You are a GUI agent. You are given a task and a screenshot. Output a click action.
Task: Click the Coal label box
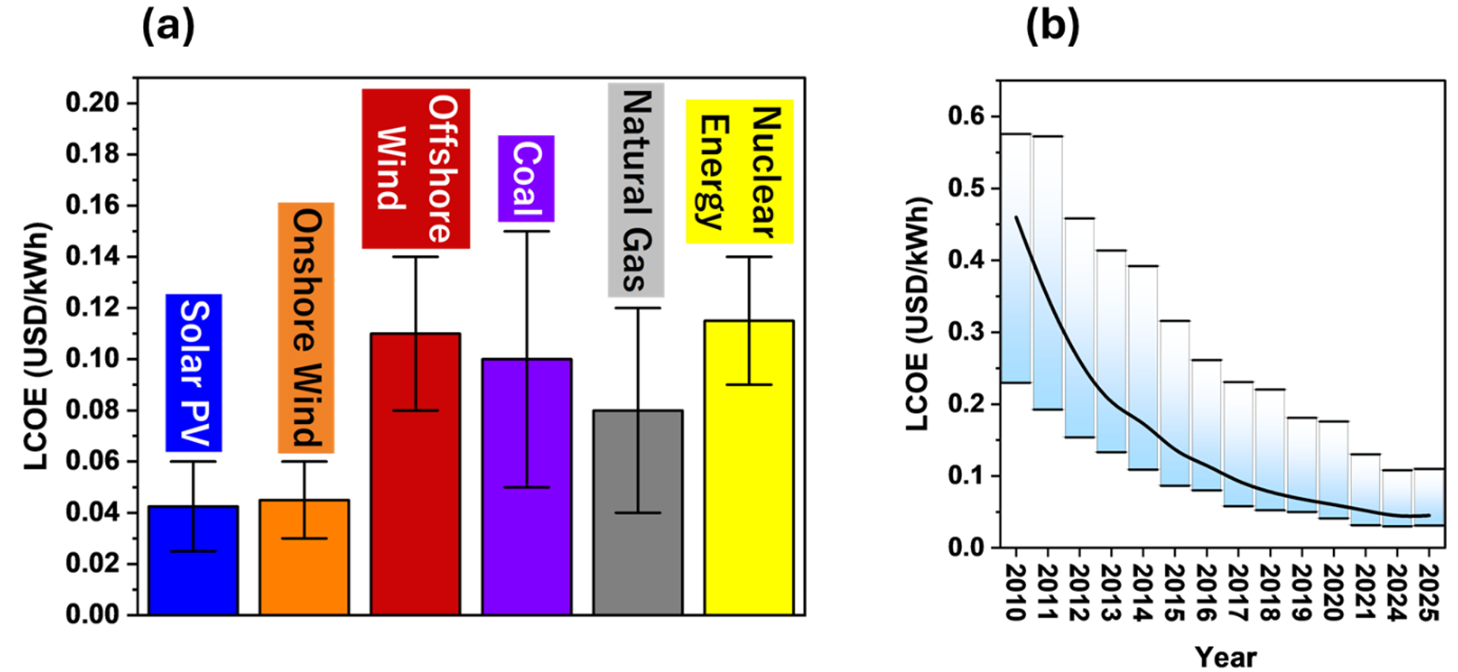526,178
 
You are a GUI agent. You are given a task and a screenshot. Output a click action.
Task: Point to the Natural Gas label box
636,190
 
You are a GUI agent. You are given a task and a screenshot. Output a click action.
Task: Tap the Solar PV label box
194,373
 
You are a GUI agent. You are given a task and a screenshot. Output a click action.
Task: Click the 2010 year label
1016,592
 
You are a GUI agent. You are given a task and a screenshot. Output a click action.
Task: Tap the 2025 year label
1430,592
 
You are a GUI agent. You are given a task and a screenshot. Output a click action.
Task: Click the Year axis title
1225,656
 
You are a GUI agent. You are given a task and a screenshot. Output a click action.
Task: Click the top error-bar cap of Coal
526,231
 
